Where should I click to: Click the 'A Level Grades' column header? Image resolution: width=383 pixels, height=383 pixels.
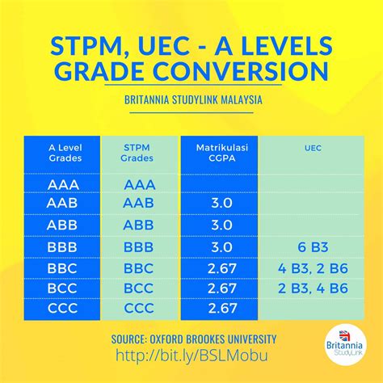(62, 153)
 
